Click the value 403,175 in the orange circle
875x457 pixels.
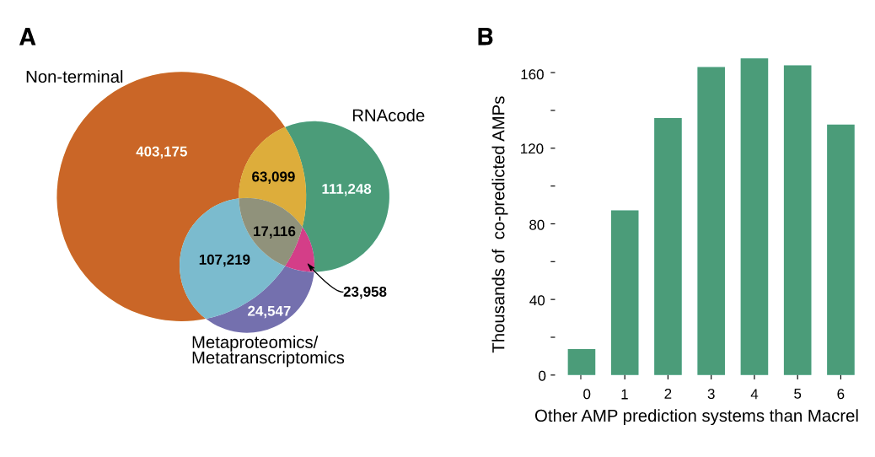point(161,152)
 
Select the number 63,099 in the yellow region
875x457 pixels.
point(273,177)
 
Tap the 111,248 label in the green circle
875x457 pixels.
point(346,189)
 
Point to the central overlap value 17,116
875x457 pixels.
point(274,231)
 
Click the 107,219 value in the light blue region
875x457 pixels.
point(224,260)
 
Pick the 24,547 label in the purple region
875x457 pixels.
point(269,311)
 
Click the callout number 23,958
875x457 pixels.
point(364,292)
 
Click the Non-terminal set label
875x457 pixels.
point(74,77)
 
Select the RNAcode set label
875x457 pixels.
point(388,116)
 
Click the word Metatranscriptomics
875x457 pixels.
point(268,358)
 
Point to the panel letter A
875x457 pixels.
point(28,37)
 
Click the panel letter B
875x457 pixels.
point(486,37)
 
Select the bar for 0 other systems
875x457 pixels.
point(582,363)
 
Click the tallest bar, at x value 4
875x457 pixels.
point(754,217)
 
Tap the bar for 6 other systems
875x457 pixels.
point(840,250)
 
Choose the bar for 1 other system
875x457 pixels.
point(625,293)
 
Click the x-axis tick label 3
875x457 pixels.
point(711,394)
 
